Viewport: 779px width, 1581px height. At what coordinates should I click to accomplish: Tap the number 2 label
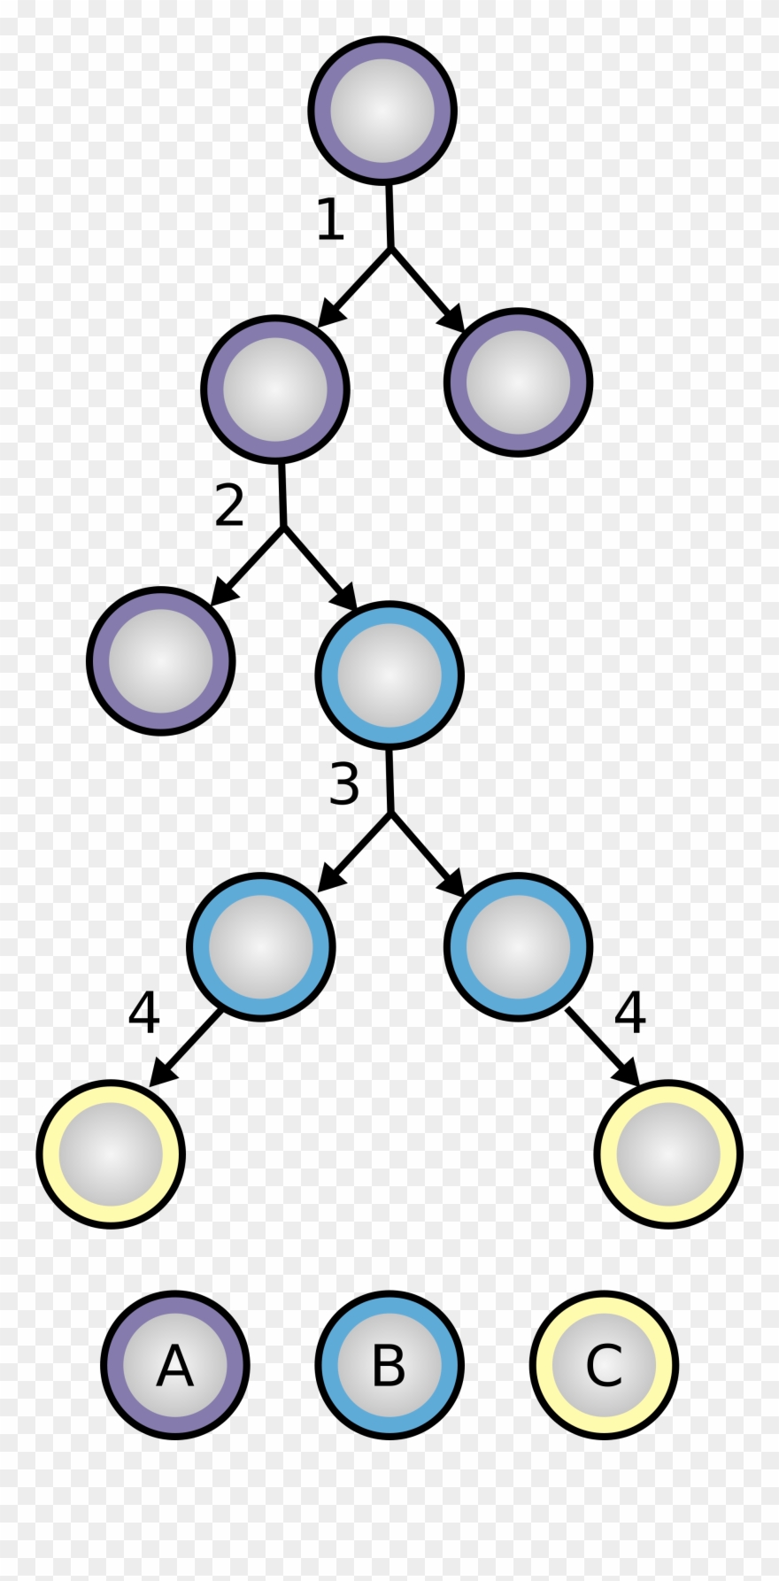(x=229, y=505)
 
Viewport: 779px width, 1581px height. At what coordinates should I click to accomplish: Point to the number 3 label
(x=343, y=783)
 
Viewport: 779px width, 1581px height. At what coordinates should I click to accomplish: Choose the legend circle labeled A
(x=174, y=1364)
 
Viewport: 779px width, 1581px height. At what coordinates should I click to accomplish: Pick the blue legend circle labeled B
(x=389, y=1364)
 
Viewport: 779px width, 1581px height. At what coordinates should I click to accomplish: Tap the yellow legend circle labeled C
(x=604, y=1364)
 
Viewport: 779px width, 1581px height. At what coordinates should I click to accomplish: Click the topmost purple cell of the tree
(x=382, y=112)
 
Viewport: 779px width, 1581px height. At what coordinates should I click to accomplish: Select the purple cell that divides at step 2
(x=275, y=388)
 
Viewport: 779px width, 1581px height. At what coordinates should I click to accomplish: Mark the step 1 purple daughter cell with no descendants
(x=517, y=382)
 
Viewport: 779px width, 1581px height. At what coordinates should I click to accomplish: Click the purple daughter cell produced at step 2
(x=161, y=660)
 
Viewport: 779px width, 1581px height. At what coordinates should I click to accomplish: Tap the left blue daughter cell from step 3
(x=261, y=946)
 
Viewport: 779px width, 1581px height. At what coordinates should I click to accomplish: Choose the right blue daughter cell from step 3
(x=517, y=946)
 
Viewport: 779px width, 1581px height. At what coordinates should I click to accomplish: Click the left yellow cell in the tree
(x=111, y=1153)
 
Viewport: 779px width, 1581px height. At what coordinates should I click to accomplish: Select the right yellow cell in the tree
(x=668, y=1153)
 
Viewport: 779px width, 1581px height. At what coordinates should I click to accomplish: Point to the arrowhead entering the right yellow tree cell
(x=629, y=1072)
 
